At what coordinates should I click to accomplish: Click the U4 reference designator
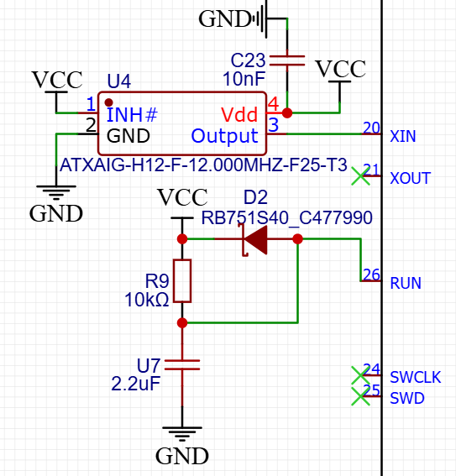[x=119, y=81]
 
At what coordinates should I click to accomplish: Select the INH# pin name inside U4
[x=132, y=115]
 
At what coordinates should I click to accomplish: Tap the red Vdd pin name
[x=239, y=115]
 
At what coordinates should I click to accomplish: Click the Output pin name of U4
[x=224, y=136]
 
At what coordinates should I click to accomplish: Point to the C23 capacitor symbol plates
[x=287, y=60]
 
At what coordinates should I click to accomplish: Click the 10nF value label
[x=244, y=79]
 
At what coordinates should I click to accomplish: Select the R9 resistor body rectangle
[x=182, y=280]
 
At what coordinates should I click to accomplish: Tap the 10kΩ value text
[x=147, y=300]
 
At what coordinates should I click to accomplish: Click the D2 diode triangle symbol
[x=255, y=239]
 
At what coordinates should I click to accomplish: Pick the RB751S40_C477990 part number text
[x=287, y=217]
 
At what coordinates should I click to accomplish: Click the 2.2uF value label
[x=136, y=384]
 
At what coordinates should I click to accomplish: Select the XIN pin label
[x=403, y=136]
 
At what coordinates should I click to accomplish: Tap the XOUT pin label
[x=411, y=178]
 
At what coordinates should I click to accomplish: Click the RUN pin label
[x=406, y=283]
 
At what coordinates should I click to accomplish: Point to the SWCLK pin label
[x=416, y=377]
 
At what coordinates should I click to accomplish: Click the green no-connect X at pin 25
[x=360, y=396]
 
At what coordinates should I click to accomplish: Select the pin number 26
[x=371, y=275]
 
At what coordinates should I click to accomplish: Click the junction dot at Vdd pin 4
[x=287, y=113]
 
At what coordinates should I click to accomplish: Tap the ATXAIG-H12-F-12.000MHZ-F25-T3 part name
[x=203, y=165]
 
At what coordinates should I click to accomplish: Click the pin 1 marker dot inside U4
[x=108, y=102]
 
